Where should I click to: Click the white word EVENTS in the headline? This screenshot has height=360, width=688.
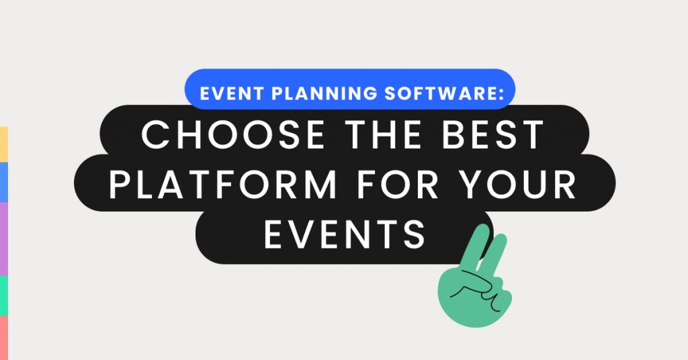coord(345,234)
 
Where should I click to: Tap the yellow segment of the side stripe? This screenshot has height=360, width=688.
coord(3,144)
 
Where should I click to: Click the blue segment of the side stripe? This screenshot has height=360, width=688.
coord(3,182)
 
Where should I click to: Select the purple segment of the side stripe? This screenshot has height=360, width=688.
coord(3,238)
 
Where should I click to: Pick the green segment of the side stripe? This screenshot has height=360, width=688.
coord(3,295)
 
